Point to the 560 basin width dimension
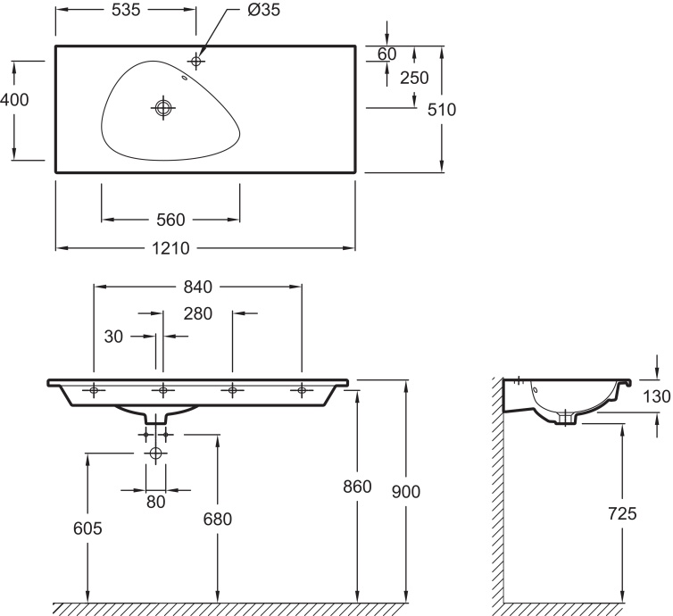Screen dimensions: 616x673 170,220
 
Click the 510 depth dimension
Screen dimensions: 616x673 442,110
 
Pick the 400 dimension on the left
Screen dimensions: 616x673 14,100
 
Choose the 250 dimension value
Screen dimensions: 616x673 414,78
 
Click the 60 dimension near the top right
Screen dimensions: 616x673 386,54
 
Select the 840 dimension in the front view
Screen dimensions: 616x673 197,287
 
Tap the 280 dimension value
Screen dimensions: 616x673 198,313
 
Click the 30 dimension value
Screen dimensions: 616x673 113,337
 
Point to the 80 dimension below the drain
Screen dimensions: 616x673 156,503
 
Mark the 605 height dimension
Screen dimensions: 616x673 87,529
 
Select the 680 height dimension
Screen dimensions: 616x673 217,520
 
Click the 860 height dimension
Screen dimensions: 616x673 358,487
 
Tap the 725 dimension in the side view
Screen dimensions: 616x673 622,513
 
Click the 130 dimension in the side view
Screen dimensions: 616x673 658,397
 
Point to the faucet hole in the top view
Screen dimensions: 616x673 196,61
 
